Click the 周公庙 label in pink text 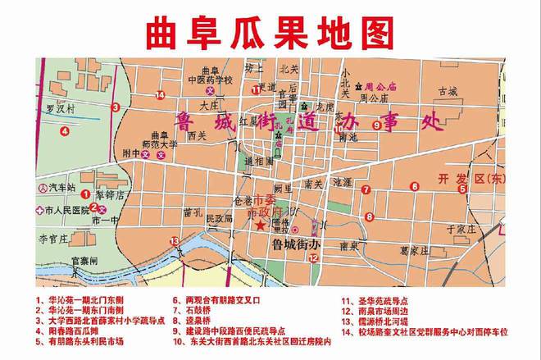pos(380,85)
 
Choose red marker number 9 pos(376,125)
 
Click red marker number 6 pos(414,187)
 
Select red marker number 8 pos(369,217)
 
